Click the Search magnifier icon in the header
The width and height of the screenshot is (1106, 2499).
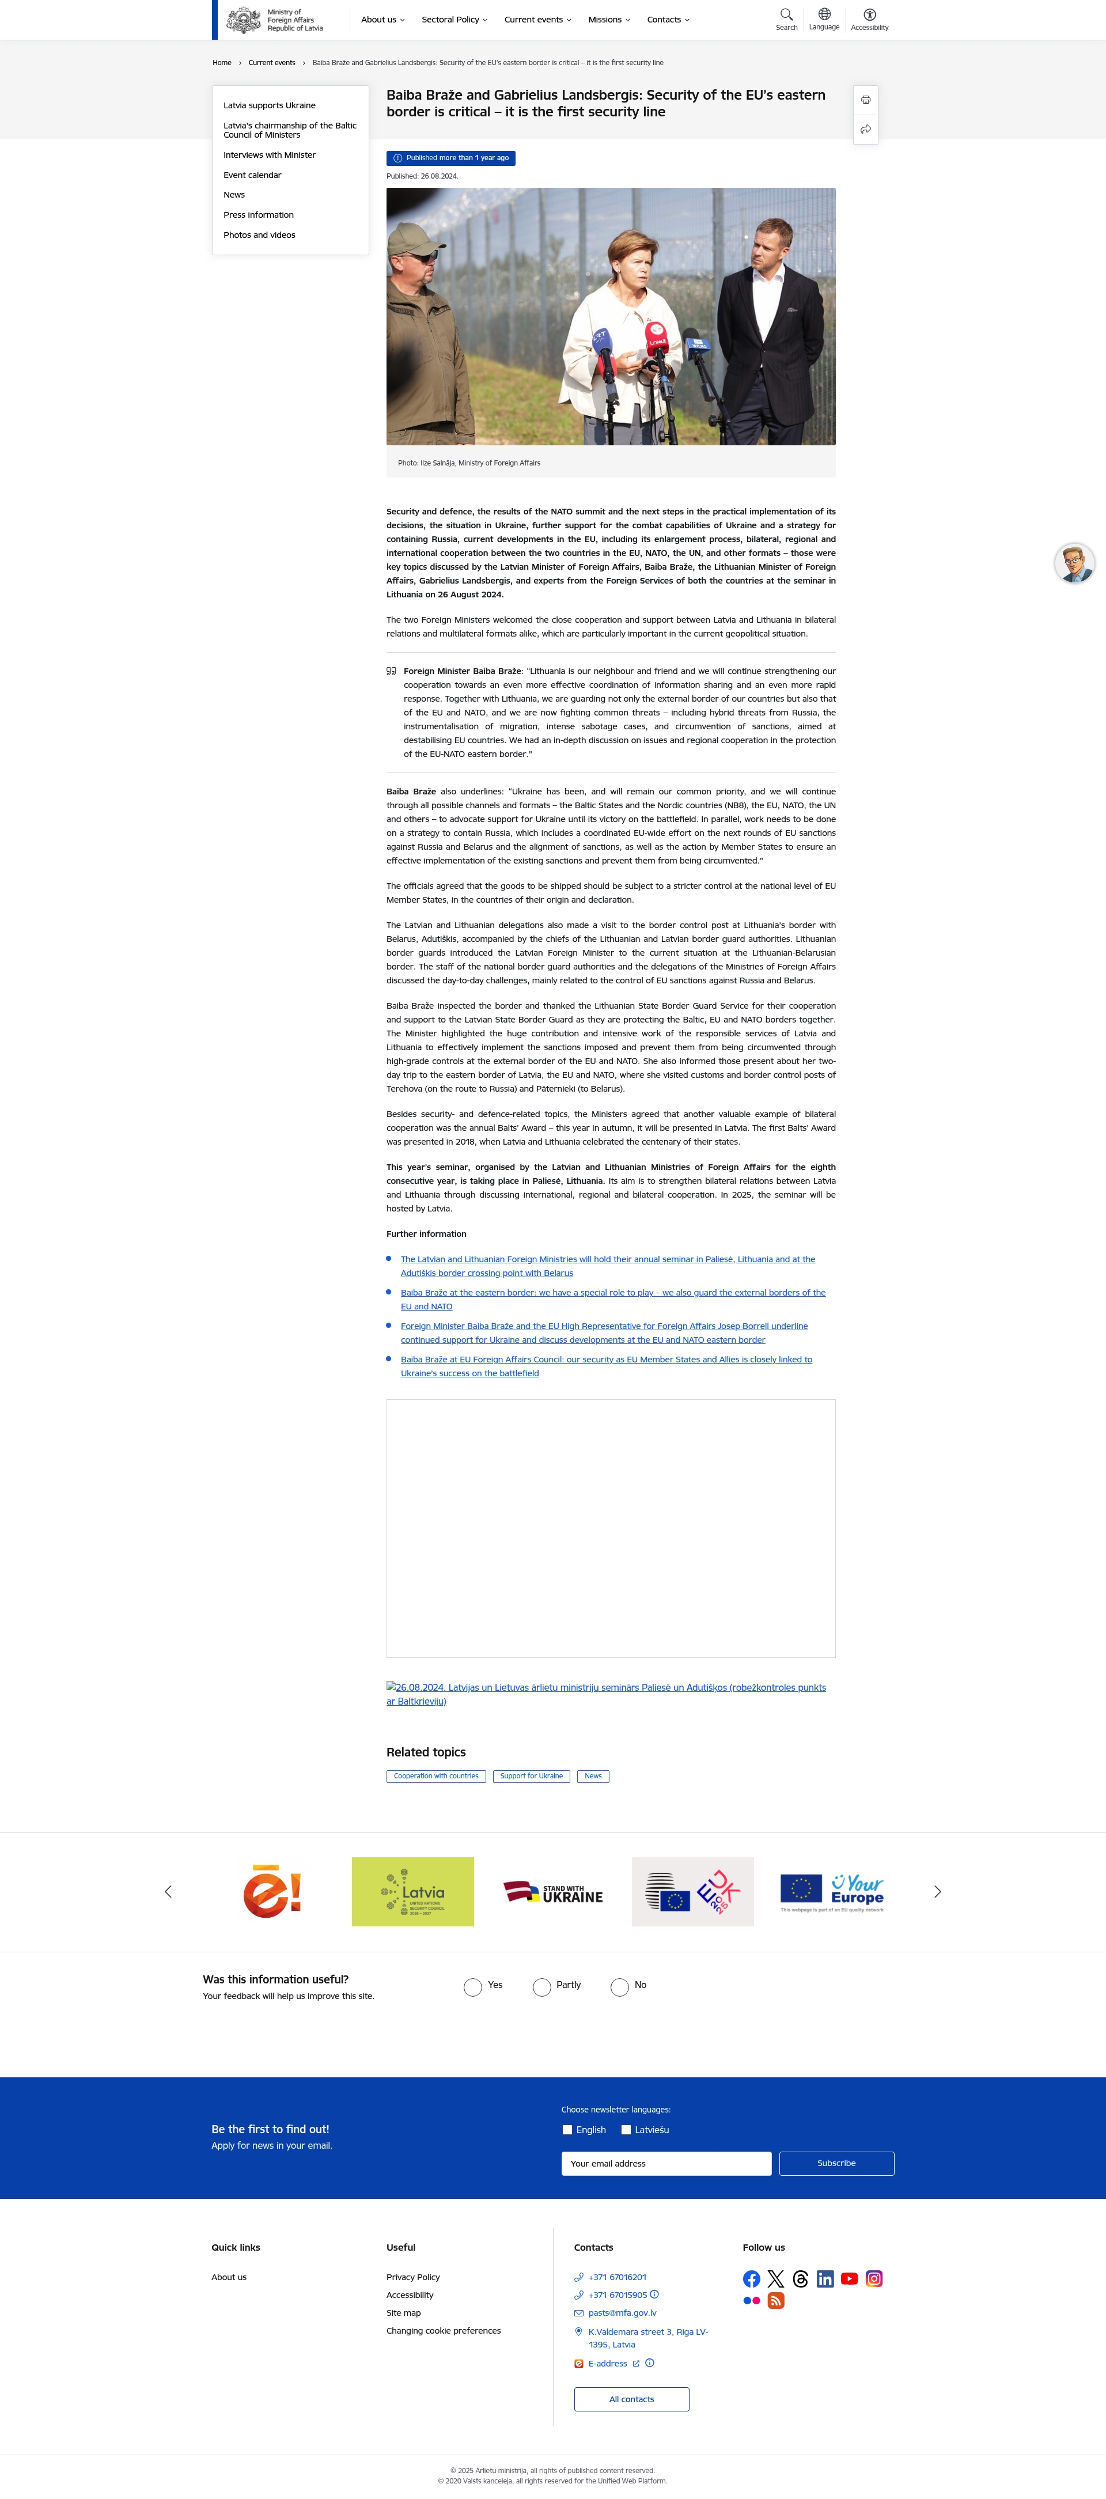click(x=786, y=14)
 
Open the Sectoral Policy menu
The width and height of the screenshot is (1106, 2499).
click(x=454, y=20)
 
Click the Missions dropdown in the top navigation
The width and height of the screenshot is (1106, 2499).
click(x=608, y=20)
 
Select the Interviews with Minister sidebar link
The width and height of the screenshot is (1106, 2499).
click(x=269, y=155)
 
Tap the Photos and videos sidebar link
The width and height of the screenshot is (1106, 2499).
click(x=259, y=235)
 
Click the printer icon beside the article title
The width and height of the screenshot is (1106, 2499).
click(x=865, y=100)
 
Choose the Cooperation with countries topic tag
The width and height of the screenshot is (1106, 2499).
click(x=435, y=1776)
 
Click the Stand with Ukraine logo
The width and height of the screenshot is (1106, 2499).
click(x=553, y=1892)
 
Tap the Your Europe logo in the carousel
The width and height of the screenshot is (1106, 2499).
click(x=832, y=1892)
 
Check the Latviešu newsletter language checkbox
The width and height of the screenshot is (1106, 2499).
click(x=626, y=2130)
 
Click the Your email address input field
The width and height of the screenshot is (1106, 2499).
click(x=665, y=2163)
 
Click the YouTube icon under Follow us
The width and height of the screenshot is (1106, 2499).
click(x=849, y=2279)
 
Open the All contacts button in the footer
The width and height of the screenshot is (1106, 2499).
click(x=631, y=2399)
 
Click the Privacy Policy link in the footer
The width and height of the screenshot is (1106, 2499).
click(x=412, y=2277)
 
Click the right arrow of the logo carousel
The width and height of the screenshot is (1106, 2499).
click(x=937, y=1892)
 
